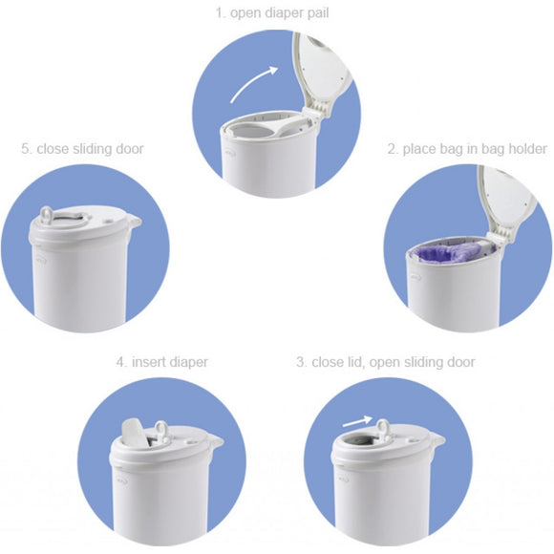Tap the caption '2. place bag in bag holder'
[x=466, y=149]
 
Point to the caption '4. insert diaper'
[x=162, y=362]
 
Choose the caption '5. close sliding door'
[x=82, y=149]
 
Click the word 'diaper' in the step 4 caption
[x=188, y=362]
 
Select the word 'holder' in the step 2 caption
[x=527, y=149]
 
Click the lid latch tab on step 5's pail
[x=135, y=222]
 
